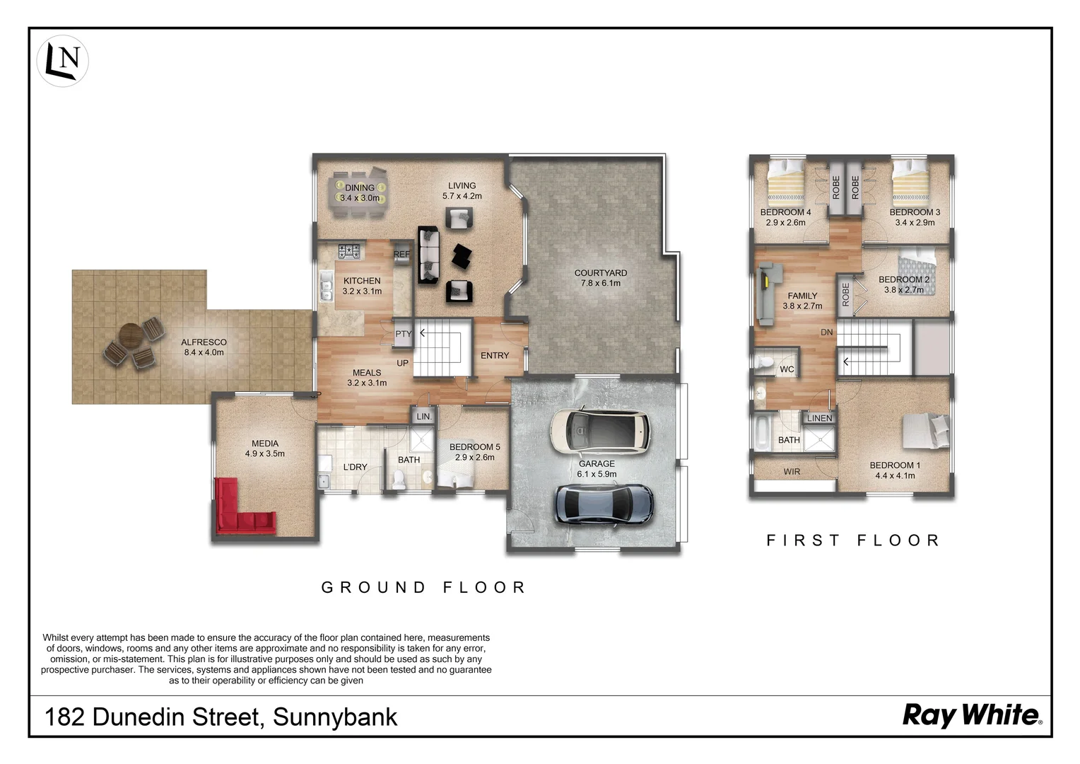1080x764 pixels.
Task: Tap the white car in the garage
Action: coord(600,431)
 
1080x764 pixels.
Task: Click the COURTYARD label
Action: coord(600,273)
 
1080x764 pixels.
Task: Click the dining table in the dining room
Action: coord(360,193)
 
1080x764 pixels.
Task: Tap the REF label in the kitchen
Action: coord(401,255)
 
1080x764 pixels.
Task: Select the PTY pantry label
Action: coord(403,335)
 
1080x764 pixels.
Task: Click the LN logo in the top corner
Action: coord(63,61)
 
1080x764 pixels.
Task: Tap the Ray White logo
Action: coord(972,715)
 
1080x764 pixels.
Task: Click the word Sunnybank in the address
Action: coord(335,717)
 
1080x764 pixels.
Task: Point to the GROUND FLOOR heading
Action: coord(423,587)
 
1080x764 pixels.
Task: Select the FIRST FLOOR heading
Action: coord(853,540)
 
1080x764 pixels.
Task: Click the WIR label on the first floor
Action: coord(792,472)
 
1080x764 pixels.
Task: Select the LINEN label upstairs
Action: coord(819,418)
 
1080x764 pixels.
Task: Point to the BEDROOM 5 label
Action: coord(474,447)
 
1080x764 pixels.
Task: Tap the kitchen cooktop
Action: coord(349,250)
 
